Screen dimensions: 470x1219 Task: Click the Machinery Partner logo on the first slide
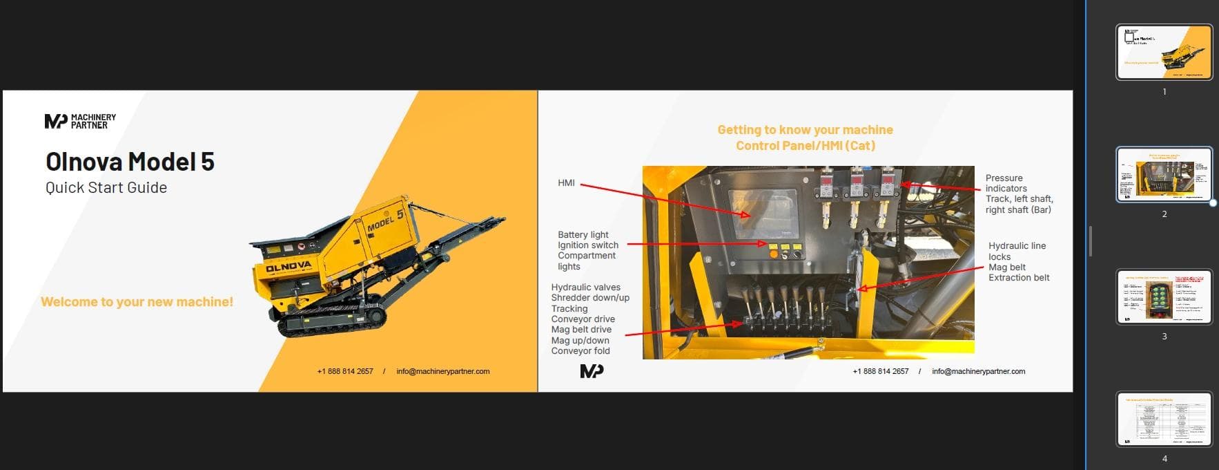click(x=80, y=122)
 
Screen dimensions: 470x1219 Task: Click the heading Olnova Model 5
click(x=130, y=162)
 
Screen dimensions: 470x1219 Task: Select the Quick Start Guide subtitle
click(x=106, y=188)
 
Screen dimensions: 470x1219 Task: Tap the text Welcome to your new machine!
click(x=137, y=302)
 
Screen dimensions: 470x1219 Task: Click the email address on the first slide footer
click(x=442, y=372)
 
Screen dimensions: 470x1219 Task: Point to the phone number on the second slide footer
click(x=880, y=372)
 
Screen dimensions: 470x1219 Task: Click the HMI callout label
click(x=566, y=183)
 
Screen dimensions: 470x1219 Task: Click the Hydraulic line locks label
click(x=1016, y=251)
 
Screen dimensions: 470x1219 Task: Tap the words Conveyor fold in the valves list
click(x=581, y=351)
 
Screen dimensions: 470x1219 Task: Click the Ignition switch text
click(x=588, y=245)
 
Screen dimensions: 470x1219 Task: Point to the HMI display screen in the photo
click(x=763, y=214)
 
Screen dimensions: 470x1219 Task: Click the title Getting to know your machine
click(x=805, y=130)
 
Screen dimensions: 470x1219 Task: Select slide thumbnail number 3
click(x=1164, y=297)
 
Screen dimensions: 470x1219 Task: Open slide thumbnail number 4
click(x=1164, y=419)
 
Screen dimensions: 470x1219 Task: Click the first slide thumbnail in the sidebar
click(x=1164, y=52)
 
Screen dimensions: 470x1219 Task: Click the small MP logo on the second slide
click(x=592, y=371)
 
